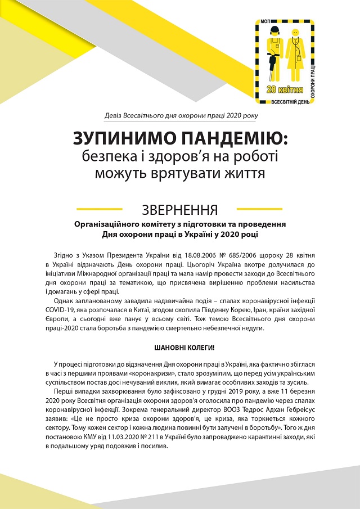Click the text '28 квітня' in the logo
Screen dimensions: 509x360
[x=286, y=90]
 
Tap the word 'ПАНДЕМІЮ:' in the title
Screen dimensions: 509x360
[x=231, y=138]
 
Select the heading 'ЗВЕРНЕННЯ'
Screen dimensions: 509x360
[x=180, y=210]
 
